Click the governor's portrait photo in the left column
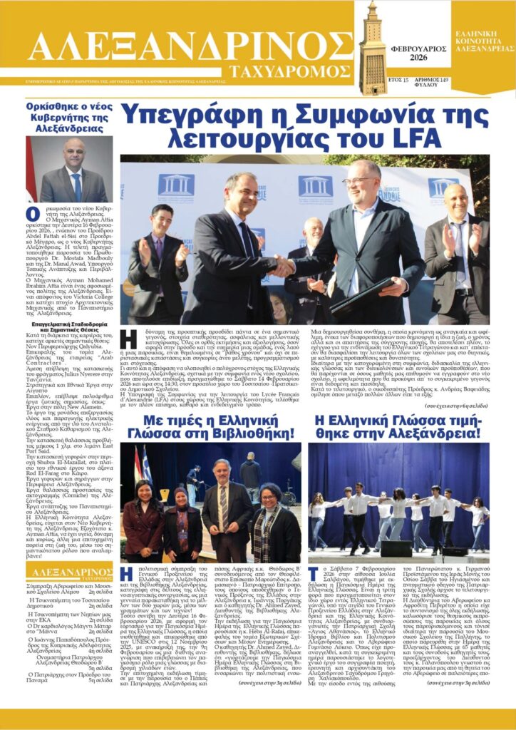(68, 172)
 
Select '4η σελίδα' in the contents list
(100, 651)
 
